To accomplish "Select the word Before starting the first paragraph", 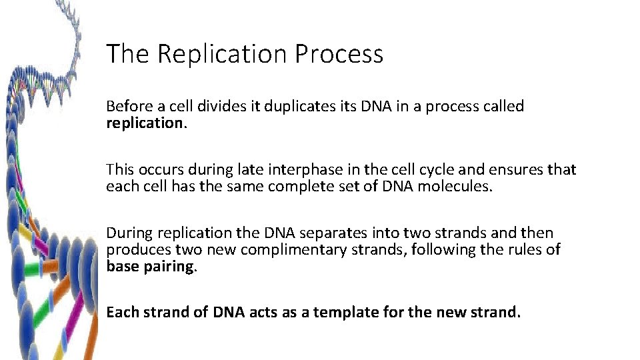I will pyautogui.click(x=127, y=107).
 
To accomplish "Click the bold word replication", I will pyautogui.click(x=144, y=123).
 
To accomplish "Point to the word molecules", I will pyautogui.click(x=455, y=187).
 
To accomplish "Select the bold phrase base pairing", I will pyautogui.click(x=150, y=267).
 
